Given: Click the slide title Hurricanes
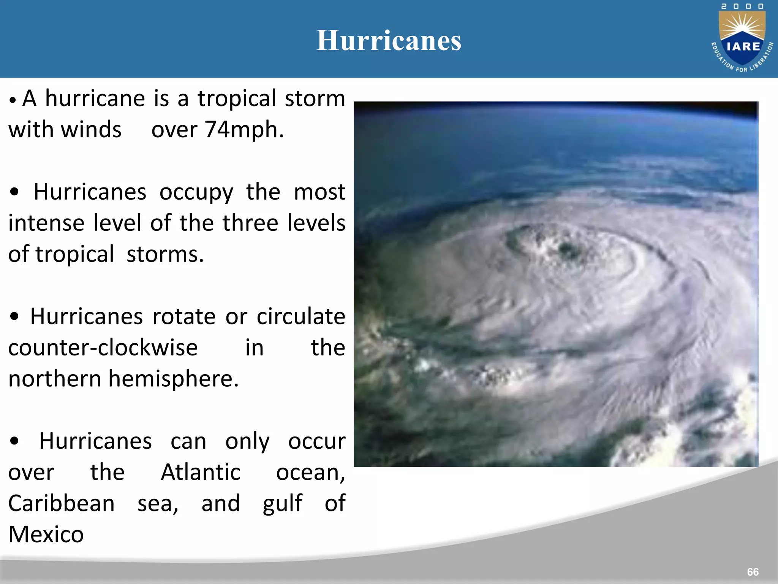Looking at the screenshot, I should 389,40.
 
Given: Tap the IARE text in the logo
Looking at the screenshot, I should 743,46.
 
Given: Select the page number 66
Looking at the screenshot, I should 753,572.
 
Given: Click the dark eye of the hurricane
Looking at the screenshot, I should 569,250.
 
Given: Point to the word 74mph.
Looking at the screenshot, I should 244,130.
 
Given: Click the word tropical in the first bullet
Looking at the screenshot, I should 236,99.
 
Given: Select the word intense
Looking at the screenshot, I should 46,223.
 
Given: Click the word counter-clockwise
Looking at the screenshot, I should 103,348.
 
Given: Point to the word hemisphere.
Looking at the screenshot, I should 173,379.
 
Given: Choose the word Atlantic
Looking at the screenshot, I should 201,472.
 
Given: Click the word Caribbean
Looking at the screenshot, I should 61,503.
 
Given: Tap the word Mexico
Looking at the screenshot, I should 46,535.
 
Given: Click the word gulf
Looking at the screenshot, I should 282,503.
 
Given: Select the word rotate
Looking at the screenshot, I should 184,316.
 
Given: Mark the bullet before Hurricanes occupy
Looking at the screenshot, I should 14,192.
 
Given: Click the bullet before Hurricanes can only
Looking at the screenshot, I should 14,441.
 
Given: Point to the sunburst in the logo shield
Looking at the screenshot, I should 743,27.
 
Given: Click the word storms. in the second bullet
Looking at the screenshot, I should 165,254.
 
